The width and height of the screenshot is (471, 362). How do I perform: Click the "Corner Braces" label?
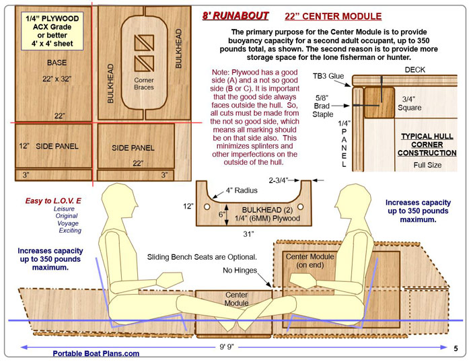(143, 83)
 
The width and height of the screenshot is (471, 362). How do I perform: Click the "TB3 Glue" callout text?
(331, 76)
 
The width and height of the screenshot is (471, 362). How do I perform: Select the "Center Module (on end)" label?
(306, 261)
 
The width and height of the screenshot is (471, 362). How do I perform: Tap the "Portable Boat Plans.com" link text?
(97, 353)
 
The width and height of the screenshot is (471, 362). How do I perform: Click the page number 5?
(456, 349)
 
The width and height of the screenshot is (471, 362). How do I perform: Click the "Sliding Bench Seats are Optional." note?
(202, 257)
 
